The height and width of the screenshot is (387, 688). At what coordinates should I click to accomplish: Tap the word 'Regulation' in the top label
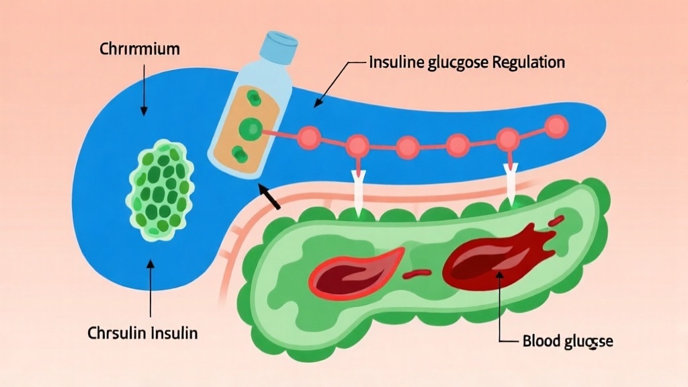[529, 63]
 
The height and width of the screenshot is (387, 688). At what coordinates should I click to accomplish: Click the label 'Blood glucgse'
[567, 341]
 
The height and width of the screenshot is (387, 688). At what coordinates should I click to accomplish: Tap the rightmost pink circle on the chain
[556, 125]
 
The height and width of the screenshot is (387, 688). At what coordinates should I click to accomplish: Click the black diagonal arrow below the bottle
[270, 196]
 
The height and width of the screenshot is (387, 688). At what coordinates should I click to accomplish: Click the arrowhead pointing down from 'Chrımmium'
[142, 111]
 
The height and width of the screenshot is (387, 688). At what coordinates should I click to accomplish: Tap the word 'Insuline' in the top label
[396, 63]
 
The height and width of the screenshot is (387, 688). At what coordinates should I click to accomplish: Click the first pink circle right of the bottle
[310, 138]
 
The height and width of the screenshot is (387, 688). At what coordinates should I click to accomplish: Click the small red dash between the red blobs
[421, 273]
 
